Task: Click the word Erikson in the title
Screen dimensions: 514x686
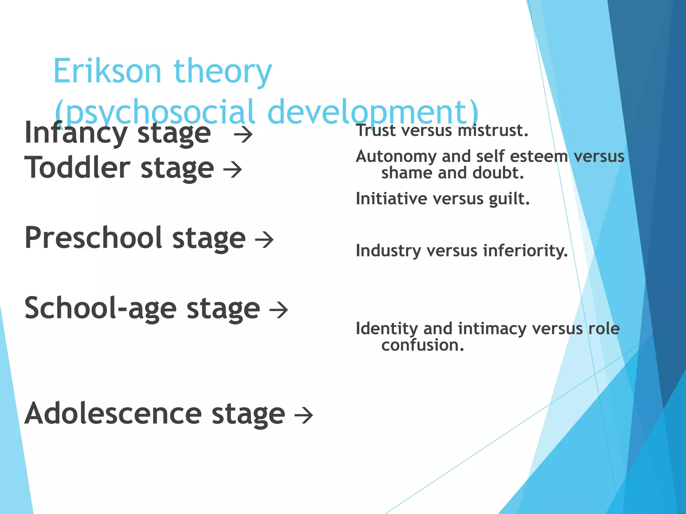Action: coord(107,71)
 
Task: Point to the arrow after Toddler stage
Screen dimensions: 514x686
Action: coord(232,169)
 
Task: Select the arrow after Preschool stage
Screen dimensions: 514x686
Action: coord(264,240)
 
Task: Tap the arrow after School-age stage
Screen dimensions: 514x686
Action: coord(279,310)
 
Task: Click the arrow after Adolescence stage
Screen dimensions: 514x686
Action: coord(303,415)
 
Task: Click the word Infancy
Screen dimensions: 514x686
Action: coord(75,133)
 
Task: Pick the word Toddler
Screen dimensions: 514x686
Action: coord(77,168)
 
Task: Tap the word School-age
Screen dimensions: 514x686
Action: coord(100,309)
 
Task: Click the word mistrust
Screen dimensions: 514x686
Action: coord(493,131)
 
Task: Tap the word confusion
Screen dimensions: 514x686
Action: coord(423,345)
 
